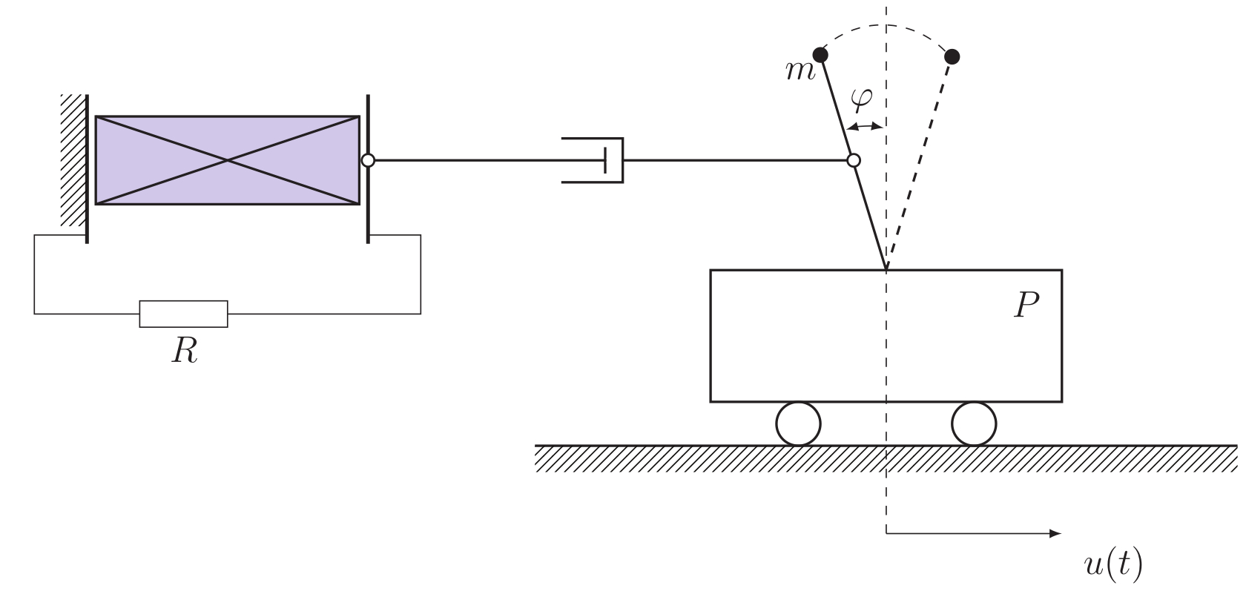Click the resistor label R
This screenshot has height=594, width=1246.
coord(185,351)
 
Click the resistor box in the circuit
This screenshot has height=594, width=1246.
coord(183,314)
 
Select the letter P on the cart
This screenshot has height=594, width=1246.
coord(1026,305)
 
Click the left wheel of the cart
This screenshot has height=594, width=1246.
coord(798,424)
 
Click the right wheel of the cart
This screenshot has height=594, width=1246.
coord(974,424)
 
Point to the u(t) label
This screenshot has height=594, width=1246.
coord(1112,565)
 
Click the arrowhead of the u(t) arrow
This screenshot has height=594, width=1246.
coord(1056,533)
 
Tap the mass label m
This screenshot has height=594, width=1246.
coord(800,71)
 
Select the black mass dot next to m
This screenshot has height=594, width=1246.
coord(820,55)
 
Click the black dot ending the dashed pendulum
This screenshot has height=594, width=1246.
coord(953,56)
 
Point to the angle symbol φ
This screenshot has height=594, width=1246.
coord(861,99)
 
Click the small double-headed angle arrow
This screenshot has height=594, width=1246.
coord(866,127)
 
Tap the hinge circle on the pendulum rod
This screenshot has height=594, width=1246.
coord(854,160)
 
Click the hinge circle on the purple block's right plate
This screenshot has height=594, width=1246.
coord(367,160)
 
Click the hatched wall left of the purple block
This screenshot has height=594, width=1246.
coord(73,159)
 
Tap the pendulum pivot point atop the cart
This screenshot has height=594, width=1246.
coord(886,268)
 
